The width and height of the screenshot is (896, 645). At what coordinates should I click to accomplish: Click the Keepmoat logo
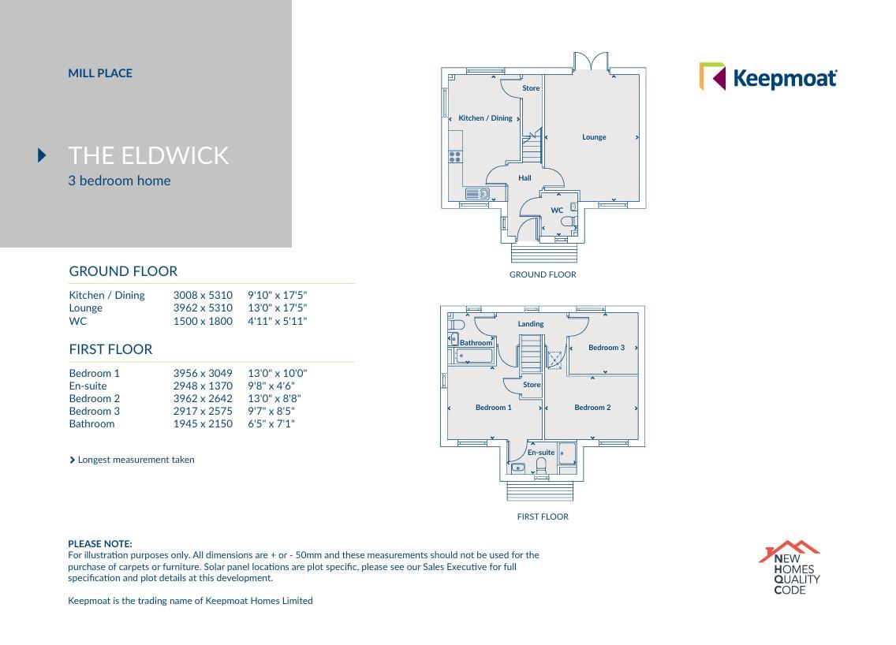[x=768, y=77]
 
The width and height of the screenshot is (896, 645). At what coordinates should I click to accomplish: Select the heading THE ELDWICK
[x=148, y=155]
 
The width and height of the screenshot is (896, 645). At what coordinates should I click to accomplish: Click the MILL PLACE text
[x=100, y=73]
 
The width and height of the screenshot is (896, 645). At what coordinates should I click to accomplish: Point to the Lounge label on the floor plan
[x=594, y=137]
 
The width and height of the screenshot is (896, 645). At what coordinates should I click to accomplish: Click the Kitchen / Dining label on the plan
[x=485, y=118]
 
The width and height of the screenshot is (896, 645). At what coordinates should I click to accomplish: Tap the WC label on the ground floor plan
[x=557, y=211]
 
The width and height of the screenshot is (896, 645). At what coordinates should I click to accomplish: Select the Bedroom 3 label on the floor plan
[x=606, y=348]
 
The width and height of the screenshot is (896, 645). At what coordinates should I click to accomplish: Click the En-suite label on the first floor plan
[x=540, y=453]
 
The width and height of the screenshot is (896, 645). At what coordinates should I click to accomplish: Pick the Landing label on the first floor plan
[x=530, y=324]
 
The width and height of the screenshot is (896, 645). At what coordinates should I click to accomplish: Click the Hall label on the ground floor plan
[x=525, y=178]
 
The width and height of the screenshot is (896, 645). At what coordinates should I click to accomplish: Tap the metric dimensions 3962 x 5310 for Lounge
[x=203, y=308]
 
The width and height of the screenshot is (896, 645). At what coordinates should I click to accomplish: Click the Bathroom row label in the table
[x=91, y=423]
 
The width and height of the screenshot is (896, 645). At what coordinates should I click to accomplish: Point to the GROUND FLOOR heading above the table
[x=123, y=271]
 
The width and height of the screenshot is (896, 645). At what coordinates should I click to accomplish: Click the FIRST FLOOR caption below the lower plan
[x=542, y=517]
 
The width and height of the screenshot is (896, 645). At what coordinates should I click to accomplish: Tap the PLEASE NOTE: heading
[x=100, y=544]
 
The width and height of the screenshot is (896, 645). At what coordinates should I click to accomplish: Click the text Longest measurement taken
[x=136, y=460]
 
